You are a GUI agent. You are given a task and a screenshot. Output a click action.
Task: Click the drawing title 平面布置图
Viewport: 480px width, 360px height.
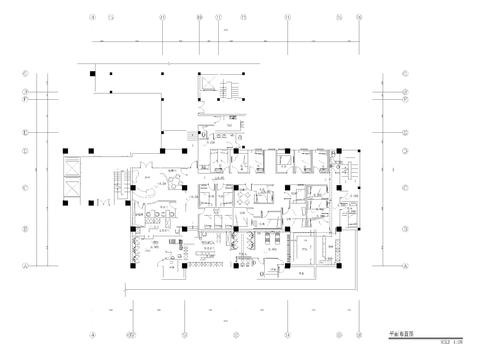click(x=396, y=340)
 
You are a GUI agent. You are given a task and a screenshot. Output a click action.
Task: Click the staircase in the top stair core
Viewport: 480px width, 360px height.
click(x=229, y=90)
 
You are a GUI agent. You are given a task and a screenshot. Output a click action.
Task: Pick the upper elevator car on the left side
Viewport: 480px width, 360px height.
click(x=73, y=165)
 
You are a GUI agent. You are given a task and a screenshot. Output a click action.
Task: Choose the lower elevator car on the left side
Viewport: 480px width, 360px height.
click(x=73, y=185)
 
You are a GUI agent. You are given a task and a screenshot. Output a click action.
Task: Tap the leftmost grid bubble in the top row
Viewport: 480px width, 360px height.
click(x=92, y=17)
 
